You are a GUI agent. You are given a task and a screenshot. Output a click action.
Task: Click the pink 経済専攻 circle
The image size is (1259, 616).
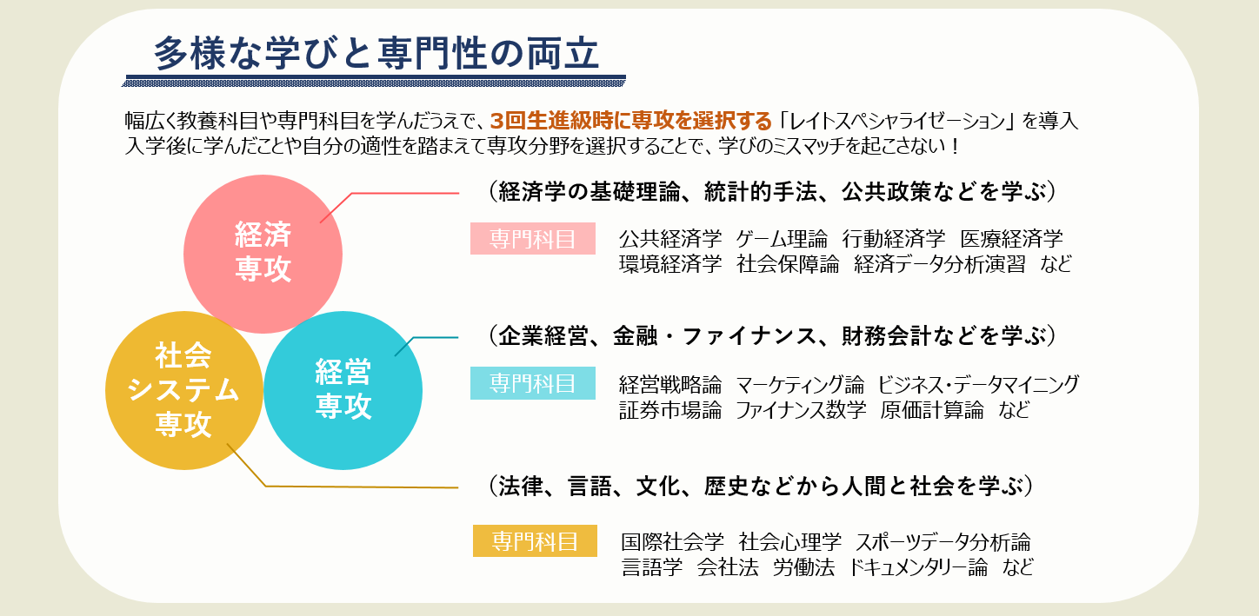(263, 254)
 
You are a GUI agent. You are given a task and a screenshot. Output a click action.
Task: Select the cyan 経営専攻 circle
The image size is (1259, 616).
(343, 390)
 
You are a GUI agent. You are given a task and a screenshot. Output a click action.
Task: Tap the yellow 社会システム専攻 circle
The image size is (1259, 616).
(183, 390)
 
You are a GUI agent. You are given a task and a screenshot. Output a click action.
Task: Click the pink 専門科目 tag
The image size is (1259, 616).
(533, 239)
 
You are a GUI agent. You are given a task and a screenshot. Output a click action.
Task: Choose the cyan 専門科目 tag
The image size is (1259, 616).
(533, 383)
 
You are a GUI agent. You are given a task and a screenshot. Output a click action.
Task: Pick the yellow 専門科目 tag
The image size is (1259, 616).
(535, 540)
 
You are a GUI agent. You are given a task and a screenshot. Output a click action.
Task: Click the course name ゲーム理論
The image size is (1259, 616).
(782, 239)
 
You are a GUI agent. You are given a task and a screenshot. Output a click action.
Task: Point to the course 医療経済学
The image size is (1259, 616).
(1011, 239)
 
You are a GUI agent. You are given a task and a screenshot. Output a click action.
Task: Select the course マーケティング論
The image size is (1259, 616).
(800, 385)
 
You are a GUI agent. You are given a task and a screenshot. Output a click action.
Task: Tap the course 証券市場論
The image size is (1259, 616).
(670, 410)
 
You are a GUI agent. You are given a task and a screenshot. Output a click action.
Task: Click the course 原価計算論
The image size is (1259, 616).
(932, 410)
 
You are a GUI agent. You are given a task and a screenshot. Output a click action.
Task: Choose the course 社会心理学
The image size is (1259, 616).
(789, 542)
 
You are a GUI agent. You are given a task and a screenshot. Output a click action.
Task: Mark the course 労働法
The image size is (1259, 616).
(803, 567)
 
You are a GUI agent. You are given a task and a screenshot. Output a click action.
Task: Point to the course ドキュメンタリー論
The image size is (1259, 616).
(917, 567)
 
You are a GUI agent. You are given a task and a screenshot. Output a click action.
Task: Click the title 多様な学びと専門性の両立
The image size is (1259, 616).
(376, 54)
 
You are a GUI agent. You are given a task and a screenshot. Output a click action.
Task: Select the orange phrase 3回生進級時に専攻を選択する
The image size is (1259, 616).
(631, 121)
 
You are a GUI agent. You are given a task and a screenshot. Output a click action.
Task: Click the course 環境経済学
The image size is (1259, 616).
(670, 264)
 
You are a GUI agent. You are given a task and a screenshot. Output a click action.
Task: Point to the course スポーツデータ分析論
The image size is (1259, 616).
(943, 542)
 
